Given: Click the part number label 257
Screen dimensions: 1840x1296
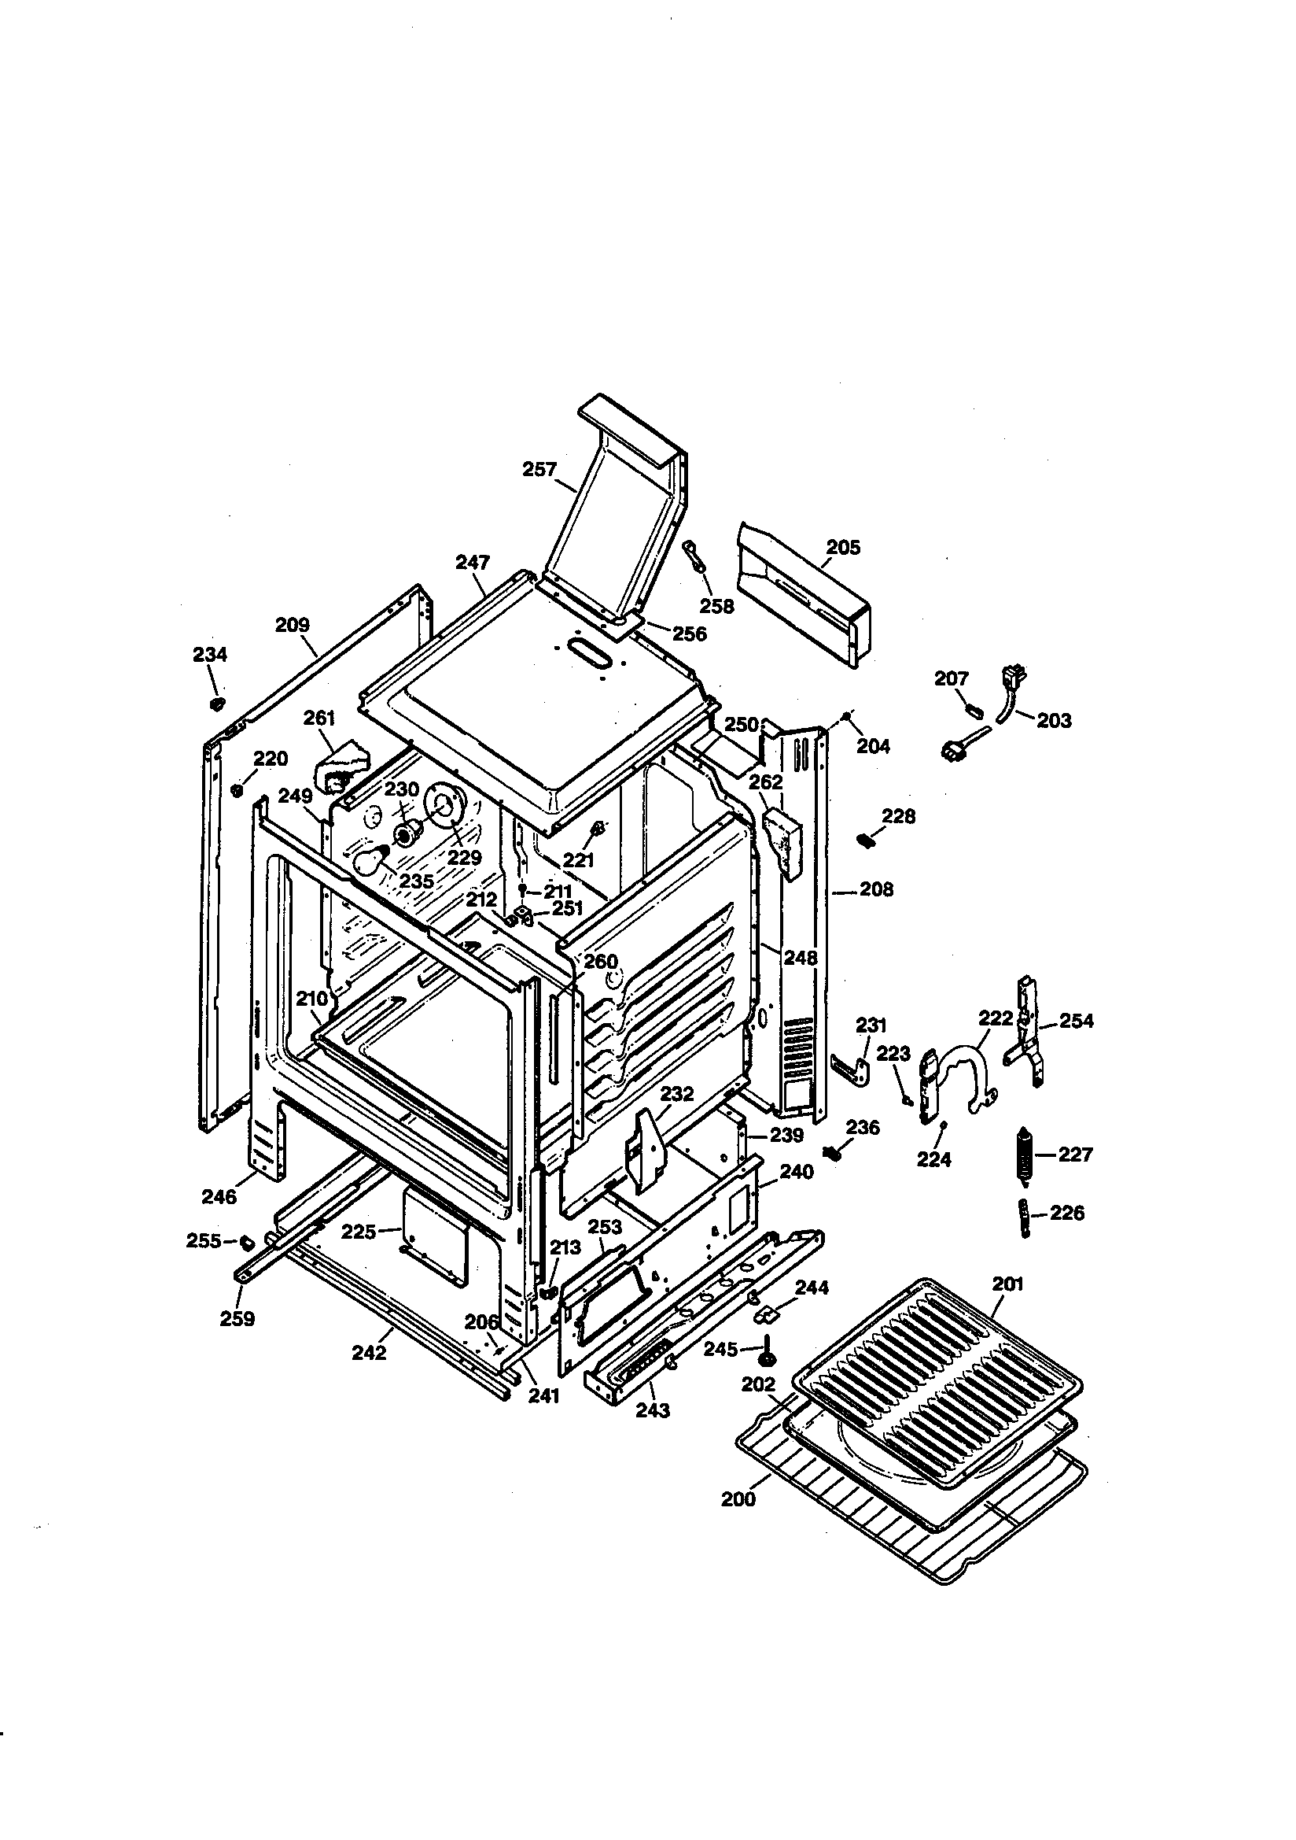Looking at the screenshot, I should point(539,469).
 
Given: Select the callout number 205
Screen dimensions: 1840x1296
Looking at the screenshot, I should point(843,547).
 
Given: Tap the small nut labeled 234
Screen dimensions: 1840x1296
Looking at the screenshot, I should point(215,704).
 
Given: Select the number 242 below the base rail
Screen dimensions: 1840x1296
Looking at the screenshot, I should point(369,1353).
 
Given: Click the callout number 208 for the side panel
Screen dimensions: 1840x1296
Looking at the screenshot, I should point(875,889).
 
